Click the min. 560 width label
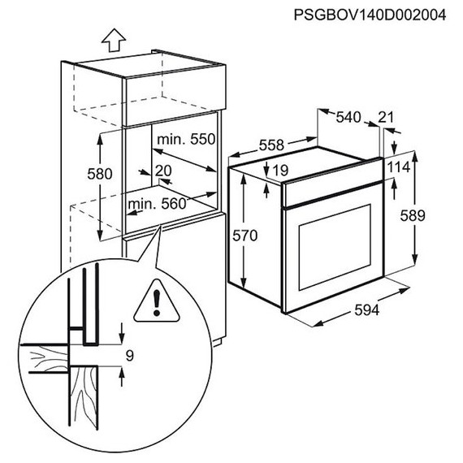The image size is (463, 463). (x=157, y=204)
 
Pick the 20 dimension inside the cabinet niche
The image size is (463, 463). (x=162, y=171)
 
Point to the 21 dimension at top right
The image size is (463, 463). (x=387, y=118)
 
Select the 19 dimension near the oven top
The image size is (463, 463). (x=280, y=171)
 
